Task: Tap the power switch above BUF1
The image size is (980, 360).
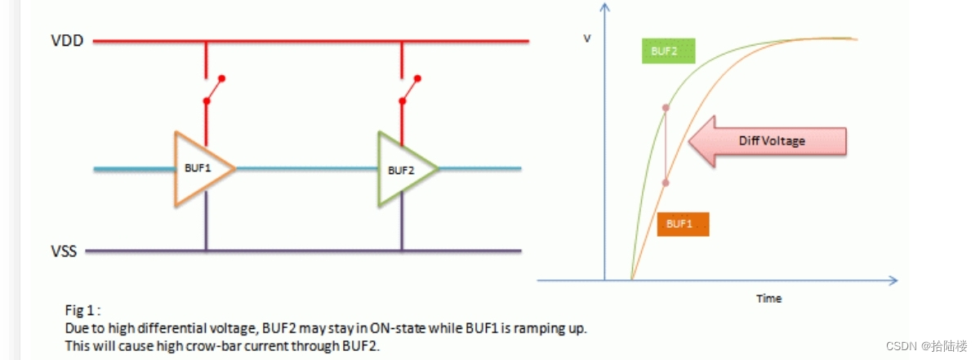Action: point(213,91)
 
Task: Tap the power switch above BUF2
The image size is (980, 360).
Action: point(409,91)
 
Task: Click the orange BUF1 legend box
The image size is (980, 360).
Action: point(681,224)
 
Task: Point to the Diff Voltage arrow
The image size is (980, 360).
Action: point(765,141)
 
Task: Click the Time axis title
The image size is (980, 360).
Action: point(768,299)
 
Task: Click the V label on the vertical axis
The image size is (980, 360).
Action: point(586,39)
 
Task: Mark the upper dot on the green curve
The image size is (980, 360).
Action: point(666,108)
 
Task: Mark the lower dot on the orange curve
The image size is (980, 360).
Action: point(666,183)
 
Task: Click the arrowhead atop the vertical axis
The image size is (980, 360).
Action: point(604,8)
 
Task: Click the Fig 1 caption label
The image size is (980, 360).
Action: point(82,310)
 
